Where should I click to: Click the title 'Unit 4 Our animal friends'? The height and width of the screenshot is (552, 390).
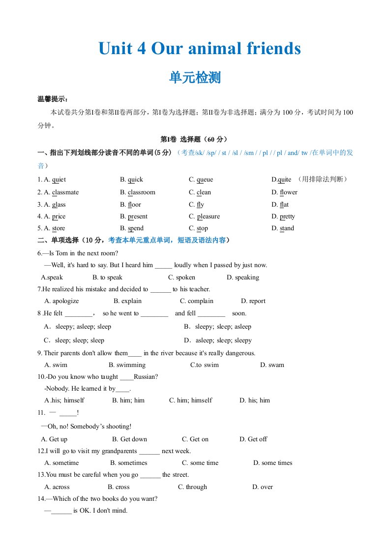coord(199,49)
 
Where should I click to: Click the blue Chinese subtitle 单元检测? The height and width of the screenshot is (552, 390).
coord(195,77)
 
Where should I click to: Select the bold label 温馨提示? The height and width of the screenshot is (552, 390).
coord(53,99)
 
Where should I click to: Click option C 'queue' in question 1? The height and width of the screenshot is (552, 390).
coord(201,180)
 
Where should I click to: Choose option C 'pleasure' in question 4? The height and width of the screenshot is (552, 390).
coord(205,216)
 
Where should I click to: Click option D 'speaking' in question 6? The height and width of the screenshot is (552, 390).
coord(243,277)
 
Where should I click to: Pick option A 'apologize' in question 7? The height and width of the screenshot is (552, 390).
coord(61,301)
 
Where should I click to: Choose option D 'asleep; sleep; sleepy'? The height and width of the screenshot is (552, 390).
coord(218,340)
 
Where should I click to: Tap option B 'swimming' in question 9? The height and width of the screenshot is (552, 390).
coord(127,365)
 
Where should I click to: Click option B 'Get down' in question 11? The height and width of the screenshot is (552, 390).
coord(129,439)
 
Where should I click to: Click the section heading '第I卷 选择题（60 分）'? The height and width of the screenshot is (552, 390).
coord(195,139)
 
